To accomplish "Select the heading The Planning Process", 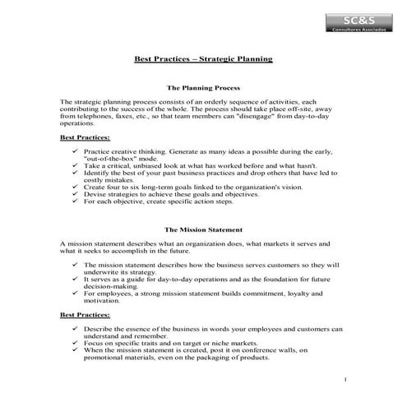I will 202,86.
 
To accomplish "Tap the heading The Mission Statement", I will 203,231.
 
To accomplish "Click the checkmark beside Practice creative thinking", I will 76,152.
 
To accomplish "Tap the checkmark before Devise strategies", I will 76,194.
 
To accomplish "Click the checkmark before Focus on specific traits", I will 76,343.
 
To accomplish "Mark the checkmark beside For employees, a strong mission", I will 76,293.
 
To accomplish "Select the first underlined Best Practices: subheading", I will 85,138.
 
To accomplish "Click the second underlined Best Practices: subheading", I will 85,314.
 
